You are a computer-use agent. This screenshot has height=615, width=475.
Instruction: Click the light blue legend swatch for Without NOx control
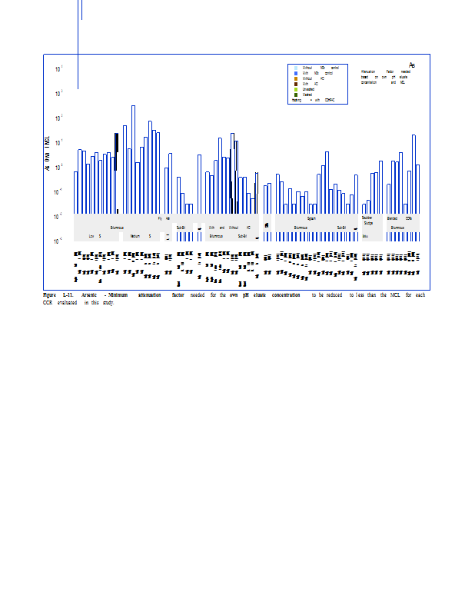click(x=296, y=68)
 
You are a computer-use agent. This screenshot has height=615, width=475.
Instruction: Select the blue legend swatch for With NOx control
click(x=296, y=73)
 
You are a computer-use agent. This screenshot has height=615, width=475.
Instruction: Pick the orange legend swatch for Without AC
click(x=296, y=78)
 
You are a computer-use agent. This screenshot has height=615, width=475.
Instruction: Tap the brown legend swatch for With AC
click(x=296, y=84)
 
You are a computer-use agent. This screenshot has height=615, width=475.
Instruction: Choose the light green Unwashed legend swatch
click(x=296, y=89)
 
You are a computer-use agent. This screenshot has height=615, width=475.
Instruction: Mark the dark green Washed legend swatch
click(x=296, y=95)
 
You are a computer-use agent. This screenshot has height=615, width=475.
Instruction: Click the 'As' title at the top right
click(x=412, y=65)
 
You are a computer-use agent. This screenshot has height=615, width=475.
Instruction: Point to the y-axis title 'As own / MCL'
click(x=48, y=154)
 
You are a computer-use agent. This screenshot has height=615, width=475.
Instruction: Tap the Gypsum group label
click(x=312, y=218)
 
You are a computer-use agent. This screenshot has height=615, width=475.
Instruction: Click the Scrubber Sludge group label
click(x=367, y=221)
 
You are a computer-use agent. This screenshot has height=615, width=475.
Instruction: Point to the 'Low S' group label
click(x=95, y=236)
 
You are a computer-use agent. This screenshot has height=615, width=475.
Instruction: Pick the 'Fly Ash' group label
click(x=164, y=218)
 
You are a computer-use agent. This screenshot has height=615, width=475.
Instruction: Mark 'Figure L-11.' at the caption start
click(x=58, y=294)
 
